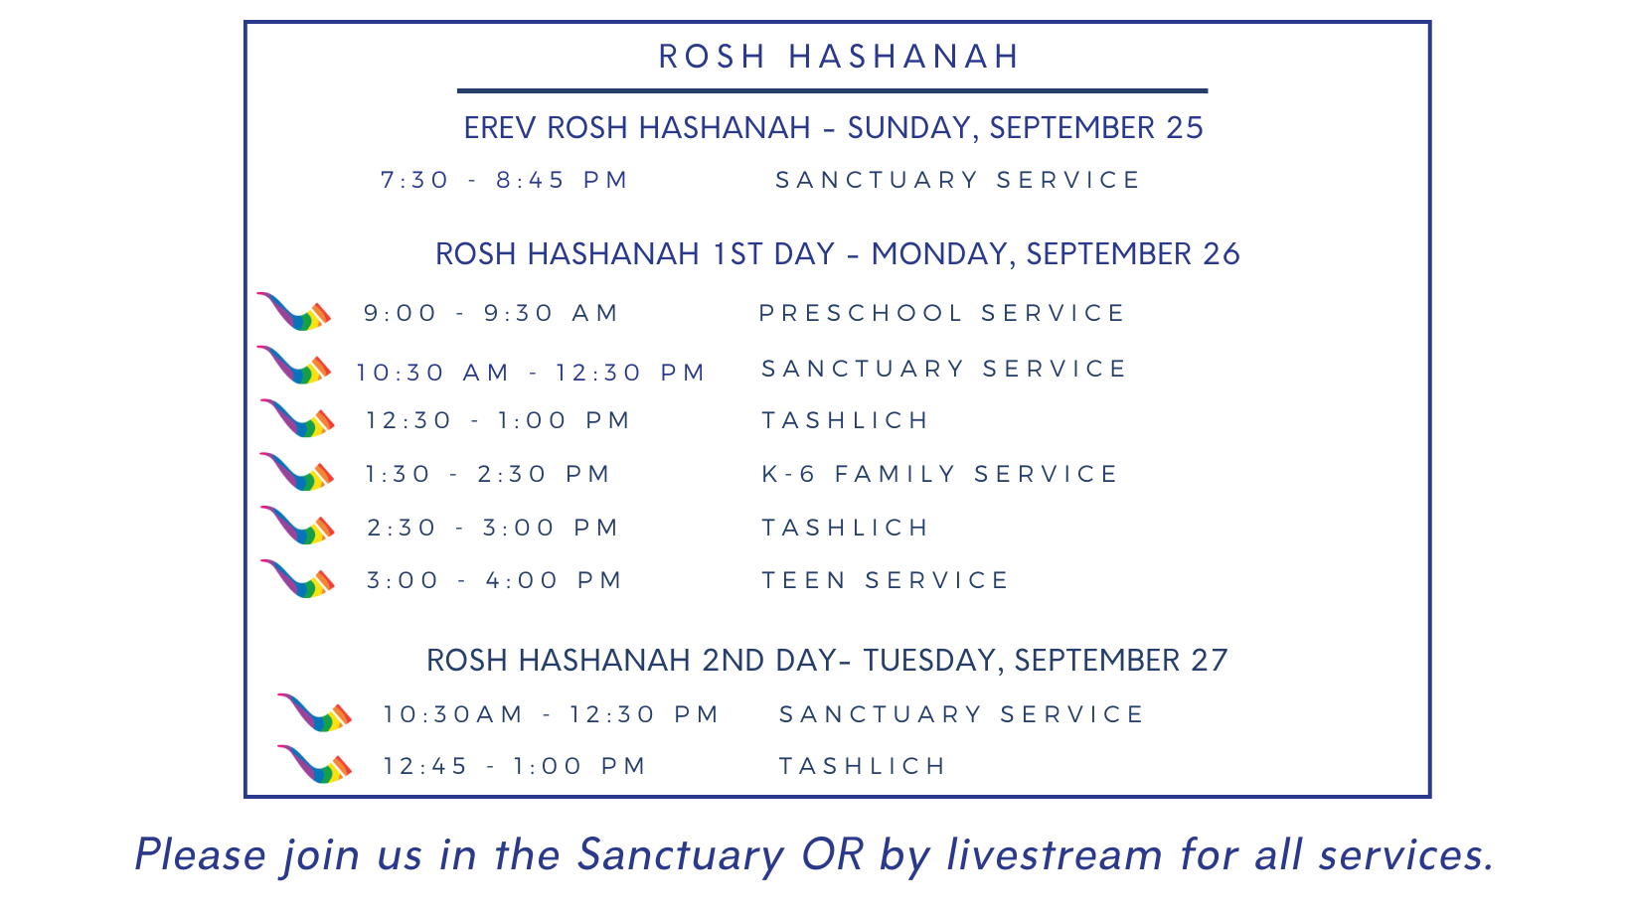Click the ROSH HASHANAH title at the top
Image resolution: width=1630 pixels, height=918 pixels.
point(839,57)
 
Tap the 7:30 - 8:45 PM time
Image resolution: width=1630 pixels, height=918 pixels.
point(504,180)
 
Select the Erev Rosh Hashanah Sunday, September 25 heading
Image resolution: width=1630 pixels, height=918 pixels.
point(834,128)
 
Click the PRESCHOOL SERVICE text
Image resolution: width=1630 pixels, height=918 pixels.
point(941,313)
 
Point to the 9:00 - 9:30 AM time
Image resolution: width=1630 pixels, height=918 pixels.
point(491,313)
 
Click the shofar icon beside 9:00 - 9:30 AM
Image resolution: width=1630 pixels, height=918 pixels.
point(294,311)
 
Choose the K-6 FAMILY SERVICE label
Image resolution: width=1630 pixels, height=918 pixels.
point(938,474)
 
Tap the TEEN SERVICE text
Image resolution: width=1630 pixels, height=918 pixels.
point(885,580)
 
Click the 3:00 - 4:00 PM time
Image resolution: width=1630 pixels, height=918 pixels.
point(494,580)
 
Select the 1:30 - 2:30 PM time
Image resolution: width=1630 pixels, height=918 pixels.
point(488,474)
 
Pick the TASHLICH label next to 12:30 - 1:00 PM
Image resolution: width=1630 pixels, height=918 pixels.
point(845,420)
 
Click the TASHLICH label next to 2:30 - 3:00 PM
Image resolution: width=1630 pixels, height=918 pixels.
point(845,528)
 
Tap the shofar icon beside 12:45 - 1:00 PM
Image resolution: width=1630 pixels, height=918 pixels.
point(315,764)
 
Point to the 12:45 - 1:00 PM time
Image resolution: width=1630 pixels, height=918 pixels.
point(515,766)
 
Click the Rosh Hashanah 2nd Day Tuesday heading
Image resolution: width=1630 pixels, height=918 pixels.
point(827,661)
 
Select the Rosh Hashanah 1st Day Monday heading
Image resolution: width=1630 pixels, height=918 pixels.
point(838,254)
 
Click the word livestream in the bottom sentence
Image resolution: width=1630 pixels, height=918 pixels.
point(1055,854)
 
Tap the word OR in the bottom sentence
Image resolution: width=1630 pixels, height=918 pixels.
point(833,854)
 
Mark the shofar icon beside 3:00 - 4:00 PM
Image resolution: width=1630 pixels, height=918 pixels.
point(297,578)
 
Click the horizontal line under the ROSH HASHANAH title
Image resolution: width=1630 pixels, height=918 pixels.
point(833,91)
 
